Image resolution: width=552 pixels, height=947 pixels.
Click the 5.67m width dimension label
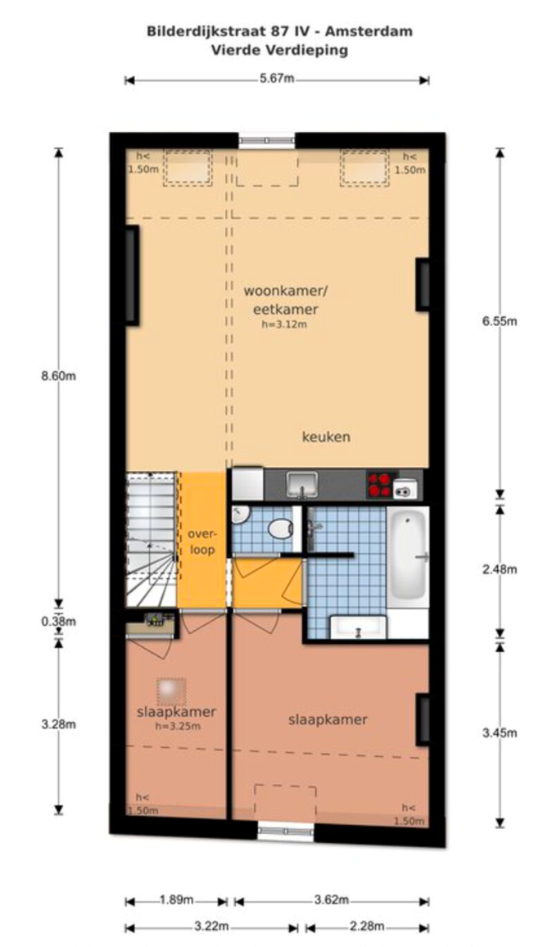click(x=277, y=79)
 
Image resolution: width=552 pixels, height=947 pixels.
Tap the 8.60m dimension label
click(x=59, y=376)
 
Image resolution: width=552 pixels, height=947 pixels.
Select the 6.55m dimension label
click(x=500, y=320)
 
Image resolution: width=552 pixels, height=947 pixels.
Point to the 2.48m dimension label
click(x=500, y=569)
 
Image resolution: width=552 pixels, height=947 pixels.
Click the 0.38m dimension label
click(x=59, y=621)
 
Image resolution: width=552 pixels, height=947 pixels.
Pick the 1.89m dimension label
click(x=176, y=900)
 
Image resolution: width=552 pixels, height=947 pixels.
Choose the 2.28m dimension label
click(x=367, y=926)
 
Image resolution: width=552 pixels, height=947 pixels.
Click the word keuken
click(x=326, y=437)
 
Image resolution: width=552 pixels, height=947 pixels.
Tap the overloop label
click(x=201, y=541)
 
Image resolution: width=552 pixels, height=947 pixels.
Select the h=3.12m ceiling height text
click(x=284, y=324)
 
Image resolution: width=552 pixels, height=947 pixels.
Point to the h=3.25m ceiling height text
click(x=178, y=727)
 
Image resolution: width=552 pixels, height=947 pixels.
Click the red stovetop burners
click(x=380, y=484)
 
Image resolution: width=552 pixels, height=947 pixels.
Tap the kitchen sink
click(x=302, y=484)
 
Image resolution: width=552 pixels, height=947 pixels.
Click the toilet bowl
click(x=279, y=530)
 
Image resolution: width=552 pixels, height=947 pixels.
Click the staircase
click(x=152, y=539)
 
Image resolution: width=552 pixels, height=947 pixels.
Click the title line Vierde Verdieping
click(x=279, y=50)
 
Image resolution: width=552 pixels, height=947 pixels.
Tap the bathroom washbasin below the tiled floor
click(x=358, y=627)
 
